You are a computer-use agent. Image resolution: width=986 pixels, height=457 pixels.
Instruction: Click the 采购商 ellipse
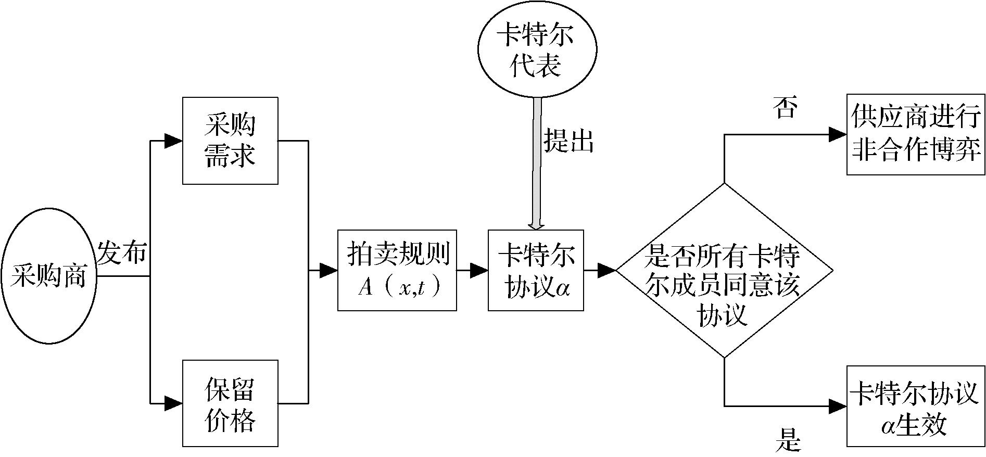(49, 275)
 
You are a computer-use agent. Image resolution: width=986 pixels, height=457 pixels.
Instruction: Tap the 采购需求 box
(230, 141)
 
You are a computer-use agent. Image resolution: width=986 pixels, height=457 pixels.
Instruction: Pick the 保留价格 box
(230, 403)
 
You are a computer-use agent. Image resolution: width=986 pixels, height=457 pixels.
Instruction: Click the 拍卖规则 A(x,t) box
(397, 270)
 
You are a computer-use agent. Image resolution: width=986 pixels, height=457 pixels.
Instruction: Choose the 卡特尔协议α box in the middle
(536, 270)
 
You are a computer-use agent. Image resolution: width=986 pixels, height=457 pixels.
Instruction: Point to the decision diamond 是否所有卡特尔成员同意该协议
(724, 270)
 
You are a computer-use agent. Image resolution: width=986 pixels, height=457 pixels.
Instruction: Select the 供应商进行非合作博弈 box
(916, 134)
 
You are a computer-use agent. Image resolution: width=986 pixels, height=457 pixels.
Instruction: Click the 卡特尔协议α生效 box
(916, 406)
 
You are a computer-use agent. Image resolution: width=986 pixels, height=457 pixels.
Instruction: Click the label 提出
(569, 140)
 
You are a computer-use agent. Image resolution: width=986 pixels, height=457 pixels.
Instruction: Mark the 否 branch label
(787, 107)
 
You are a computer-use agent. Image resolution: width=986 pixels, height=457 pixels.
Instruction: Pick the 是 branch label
(788, 440)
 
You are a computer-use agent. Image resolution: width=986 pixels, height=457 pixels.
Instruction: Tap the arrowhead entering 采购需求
(173, 141)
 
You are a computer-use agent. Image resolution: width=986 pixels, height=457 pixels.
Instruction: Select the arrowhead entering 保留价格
(173, 403)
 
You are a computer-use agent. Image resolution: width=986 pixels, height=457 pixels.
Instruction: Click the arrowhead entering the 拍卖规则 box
(328, 270)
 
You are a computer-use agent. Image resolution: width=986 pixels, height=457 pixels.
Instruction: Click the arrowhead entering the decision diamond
(606, 270)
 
